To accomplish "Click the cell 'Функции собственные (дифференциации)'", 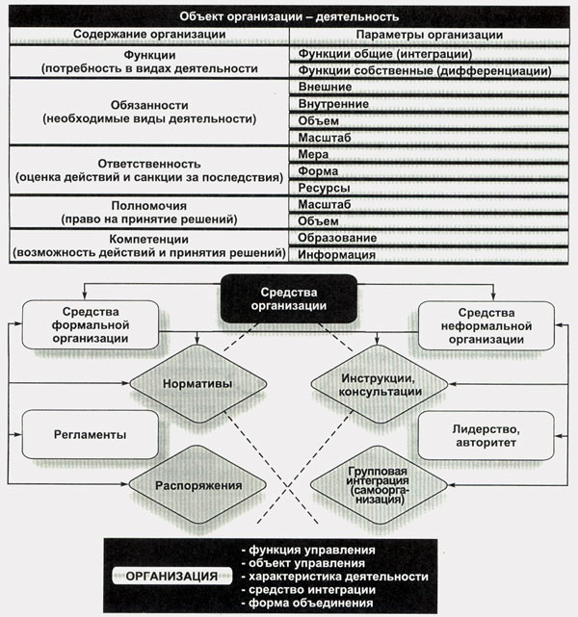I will [x=425, y=70].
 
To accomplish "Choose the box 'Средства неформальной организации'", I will [x=486, y=325].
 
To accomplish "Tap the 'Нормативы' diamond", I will [x=196, y=382].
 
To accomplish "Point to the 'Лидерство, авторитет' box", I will [x=486, y=435].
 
